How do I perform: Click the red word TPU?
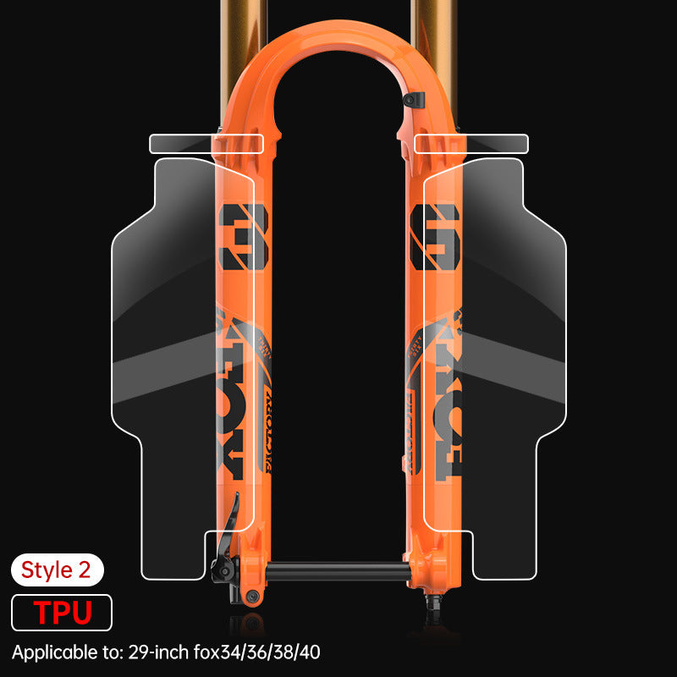click(62, 612)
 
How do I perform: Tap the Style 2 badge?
click(57, 570)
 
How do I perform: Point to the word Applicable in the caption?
click(51, 652)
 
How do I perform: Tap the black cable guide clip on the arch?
click(410, 102)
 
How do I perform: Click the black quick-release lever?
click(228, 533)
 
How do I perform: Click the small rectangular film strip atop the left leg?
click(206, 144)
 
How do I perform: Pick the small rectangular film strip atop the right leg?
click(471, 144)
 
